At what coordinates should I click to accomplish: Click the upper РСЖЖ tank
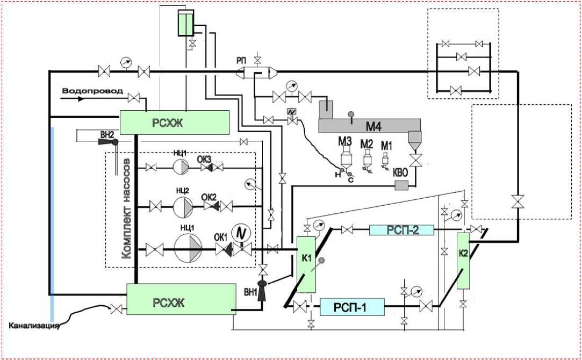pos(173,122)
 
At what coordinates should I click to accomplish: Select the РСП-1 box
pos(352,307)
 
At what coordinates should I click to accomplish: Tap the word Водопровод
pos(92,91)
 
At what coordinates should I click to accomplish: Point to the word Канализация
pos(33,325)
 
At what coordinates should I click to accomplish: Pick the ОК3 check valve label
pos(205,158)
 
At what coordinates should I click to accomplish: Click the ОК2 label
pos(209,196)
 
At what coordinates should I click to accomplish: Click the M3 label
pos(344,142)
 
